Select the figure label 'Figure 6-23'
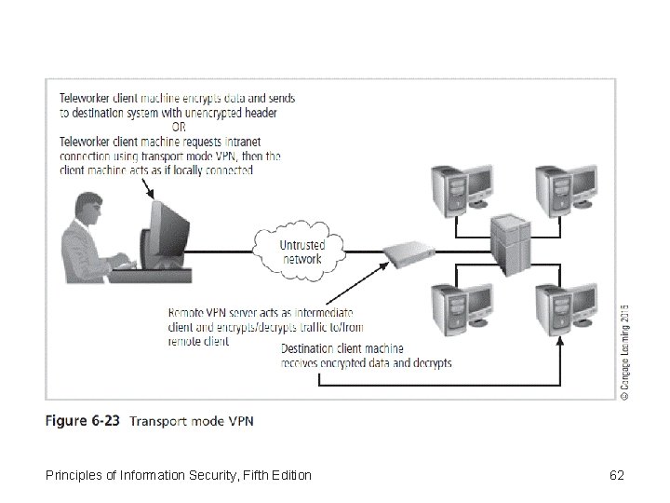[83, 420]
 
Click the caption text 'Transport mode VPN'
[192, 420]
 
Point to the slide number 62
[616, 476]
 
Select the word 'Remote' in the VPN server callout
[186, 312]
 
